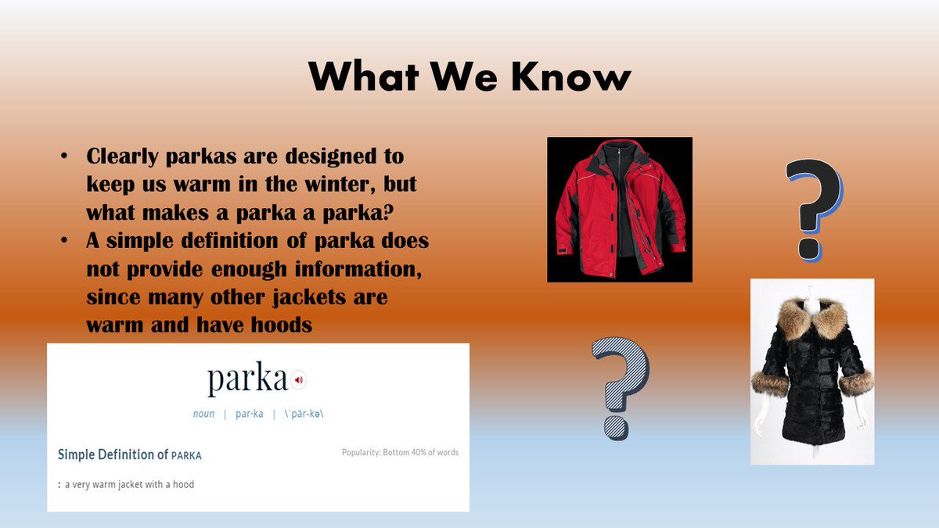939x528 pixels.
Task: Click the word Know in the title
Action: tap(571, 76)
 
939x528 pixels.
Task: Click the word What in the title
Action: tap(364, 76)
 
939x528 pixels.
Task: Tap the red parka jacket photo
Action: tap(620, 210)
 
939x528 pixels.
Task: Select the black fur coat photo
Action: tap(812, 372)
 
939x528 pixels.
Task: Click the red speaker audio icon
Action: tap(298, 380)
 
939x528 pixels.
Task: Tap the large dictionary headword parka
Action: tap(247, 379)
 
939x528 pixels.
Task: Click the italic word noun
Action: tap(203, 414)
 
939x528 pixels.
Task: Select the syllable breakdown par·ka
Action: tap(250, 414)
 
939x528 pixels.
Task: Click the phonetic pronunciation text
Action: tap(304, 414)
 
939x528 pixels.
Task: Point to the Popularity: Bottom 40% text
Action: tap(401, 453)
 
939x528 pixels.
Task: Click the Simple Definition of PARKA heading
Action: tap(130, 454)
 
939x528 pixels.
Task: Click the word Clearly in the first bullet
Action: tap(122, 156)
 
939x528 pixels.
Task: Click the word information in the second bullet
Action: tap(358, 269)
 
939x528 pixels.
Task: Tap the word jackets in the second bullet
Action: tap(309, 298)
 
